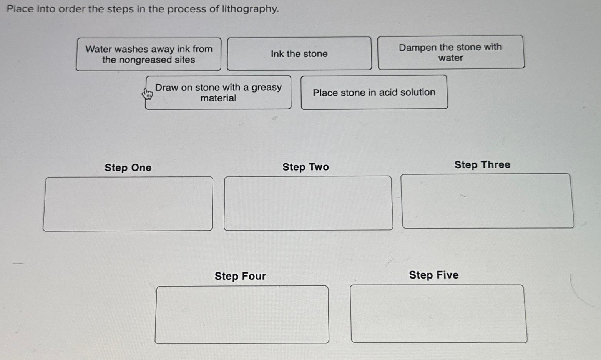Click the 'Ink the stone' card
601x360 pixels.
coord(299,54)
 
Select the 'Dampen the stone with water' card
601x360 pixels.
coord(450,53)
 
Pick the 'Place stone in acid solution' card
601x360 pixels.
coord(374,93)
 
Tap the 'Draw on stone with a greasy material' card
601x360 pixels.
coord(218,93)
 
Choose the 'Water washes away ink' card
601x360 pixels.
coord(149,54)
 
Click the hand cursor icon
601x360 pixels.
coord(147,93)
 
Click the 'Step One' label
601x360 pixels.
coord(128,168)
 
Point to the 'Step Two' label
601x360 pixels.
coord(305,167)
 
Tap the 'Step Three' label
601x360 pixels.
coord(482,164)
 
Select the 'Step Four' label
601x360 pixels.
coord(240,276)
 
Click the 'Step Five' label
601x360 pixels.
coord(433,275)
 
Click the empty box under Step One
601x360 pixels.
coord(128,204)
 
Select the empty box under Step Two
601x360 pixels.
coord(308,203)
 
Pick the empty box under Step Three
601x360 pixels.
coord(487,201)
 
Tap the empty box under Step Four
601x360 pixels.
coord(242,314)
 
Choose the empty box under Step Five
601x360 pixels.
coord(438,314)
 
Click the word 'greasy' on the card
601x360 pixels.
coord(266,88)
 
